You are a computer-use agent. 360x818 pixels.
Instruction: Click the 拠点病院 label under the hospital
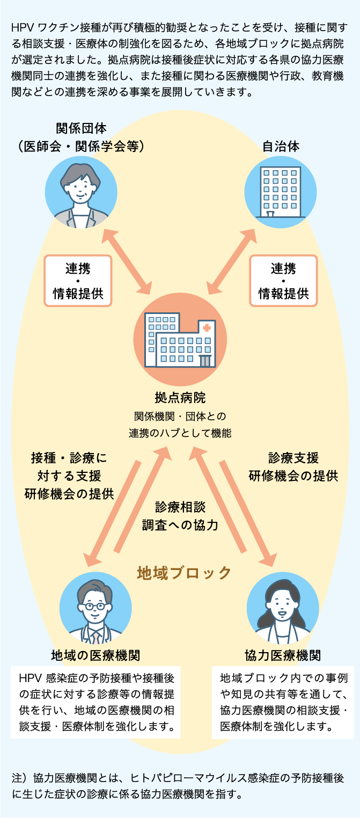pyautogui.click(x=180, y=398)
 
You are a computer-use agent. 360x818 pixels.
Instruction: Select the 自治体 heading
pyautogui.click(x=281, y=146)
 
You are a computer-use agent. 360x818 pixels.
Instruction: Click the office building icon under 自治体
pyautogui.click(x=281, y=191)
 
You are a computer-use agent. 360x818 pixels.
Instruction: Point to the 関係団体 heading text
pyautogui.click(x=81, y=129)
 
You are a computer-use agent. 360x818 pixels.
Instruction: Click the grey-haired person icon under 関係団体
pyautogui.click(x=81, y=192)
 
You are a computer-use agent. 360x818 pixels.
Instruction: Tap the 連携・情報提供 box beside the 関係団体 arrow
pyautogui.click(x=78, y=281)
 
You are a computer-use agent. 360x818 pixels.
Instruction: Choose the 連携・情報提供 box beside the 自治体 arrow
pyautogui.click(x=283, y=281)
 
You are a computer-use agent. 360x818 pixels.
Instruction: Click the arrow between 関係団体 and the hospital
pyautogui.click(x=127, y=259)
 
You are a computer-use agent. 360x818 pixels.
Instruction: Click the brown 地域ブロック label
pyautogui.click(x=184, y=573)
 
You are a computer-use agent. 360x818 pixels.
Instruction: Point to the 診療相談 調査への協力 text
pyautogui.click(x=180, y=516)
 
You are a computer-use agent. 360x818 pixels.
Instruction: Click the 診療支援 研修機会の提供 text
pyautogui.click(x=293, y=466)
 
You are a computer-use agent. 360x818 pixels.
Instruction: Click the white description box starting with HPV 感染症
pyautogui.click(x=96, y=702)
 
